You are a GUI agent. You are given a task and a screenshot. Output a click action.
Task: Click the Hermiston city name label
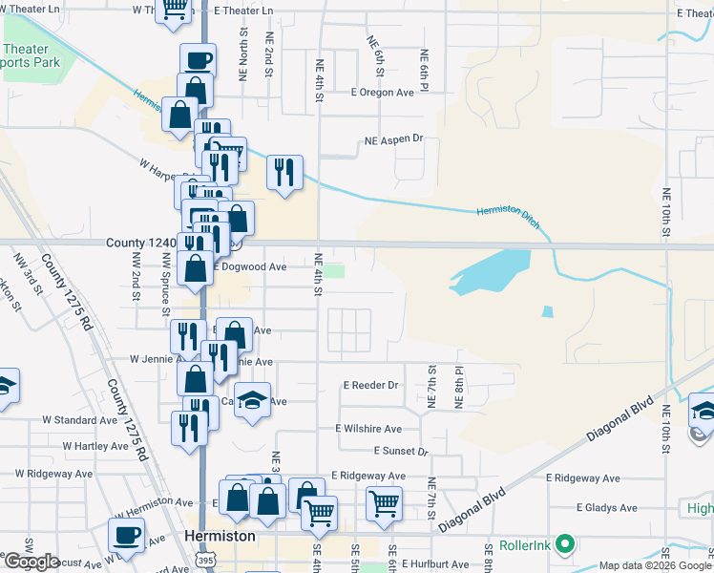click(x=220, y=537)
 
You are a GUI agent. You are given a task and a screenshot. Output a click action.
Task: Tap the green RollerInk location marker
click(x=564, y=545)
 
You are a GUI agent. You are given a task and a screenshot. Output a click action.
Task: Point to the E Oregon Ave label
click(x=382, y=93)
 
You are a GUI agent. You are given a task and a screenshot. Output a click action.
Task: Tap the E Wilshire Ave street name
click(x=368, y=430)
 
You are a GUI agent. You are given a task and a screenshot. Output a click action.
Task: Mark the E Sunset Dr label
click(x=401, y=451)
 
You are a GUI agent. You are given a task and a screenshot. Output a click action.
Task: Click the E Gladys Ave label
click(x=611, y=508)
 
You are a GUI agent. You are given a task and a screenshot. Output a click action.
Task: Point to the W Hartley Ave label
click(x=95, y=446)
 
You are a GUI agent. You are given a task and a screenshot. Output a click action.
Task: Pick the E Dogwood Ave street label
click(x=249, y=267)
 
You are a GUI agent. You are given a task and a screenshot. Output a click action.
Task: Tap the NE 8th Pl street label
click(x=459, y=387)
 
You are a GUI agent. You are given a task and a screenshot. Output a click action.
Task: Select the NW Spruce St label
click(x=165, y=285)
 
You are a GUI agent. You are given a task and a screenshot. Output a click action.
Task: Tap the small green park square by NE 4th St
click(x=333, y=272)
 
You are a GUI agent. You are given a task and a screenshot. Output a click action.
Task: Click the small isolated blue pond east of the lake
click(x=546, y=311)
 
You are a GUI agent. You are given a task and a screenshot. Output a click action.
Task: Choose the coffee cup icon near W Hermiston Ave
click(x=126, y=534)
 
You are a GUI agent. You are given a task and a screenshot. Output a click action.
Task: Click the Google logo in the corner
click(x=32, y=562)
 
